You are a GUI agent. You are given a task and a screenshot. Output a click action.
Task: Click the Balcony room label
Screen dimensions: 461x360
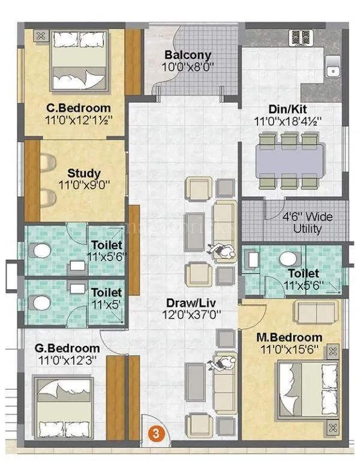coord(188,55)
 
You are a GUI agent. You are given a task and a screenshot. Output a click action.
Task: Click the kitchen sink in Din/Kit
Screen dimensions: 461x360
coord(332,70)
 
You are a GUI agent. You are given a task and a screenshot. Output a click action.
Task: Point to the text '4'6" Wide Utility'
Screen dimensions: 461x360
coord(307,223)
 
